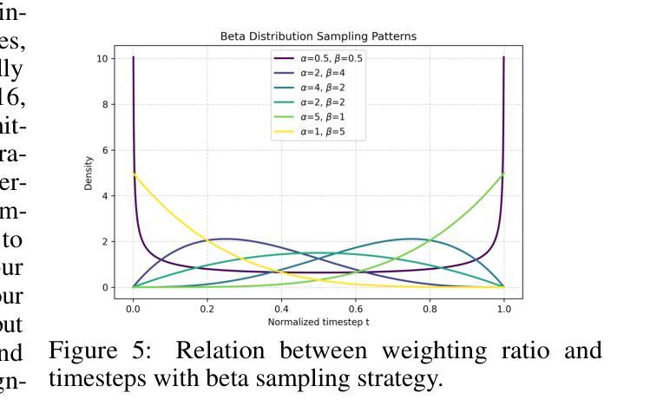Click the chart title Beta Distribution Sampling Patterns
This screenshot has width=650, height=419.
(318, 36)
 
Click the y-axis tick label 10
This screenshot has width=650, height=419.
(102, 58)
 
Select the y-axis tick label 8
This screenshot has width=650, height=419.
(105, 104)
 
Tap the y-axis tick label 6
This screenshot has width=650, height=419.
(105, 150)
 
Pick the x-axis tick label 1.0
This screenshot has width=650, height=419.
(504, 308)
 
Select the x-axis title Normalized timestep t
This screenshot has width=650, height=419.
(318, 321)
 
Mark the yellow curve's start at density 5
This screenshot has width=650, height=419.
(133, 173)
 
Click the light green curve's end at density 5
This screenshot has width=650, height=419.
(503, 173)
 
